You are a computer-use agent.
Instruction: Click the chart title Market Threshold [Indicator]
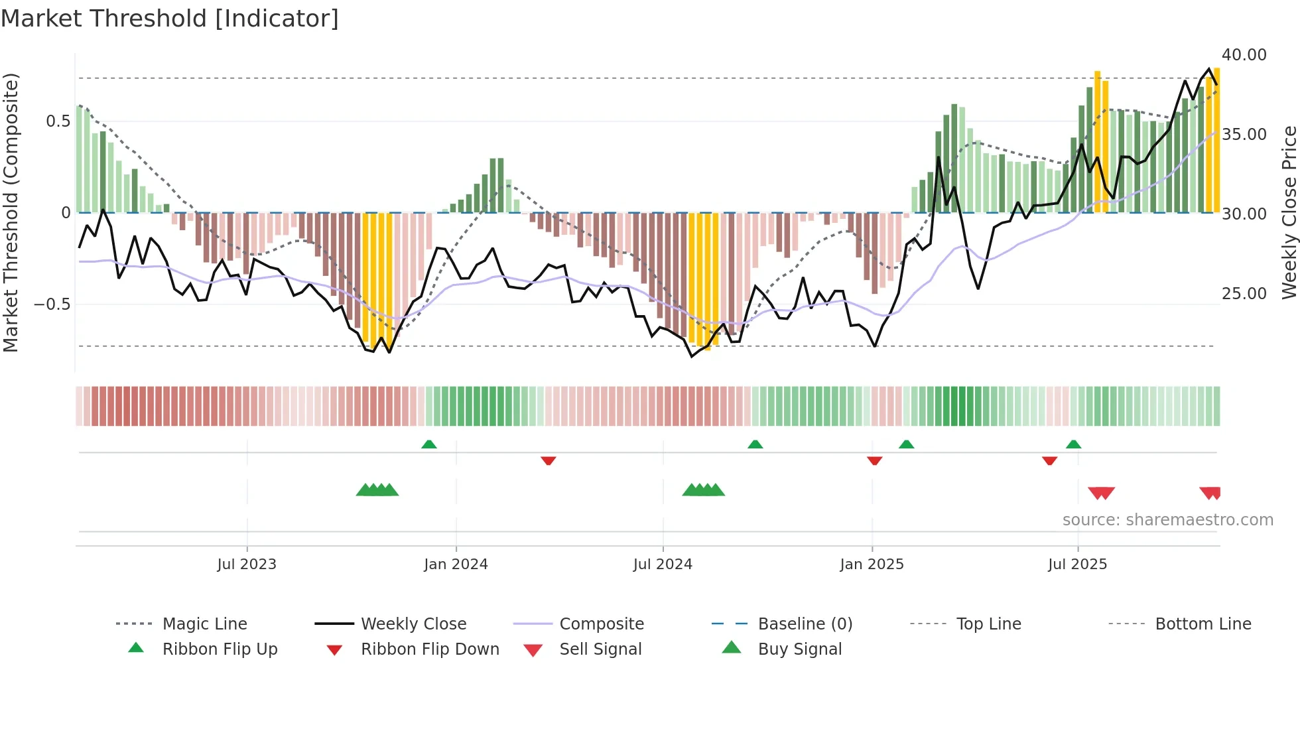(170, 19)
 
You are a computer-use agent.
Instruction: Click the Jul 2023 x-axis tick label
(247, 565)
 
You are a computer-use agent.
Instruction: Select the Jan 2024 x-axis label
(456, 565)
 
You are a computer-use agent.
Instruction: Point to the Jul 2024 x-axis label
(663, 565)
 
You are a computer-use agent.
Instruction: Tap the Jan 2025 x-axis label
(872, 565)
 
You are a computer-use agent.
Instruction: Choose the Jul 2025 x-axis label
(1078, 565)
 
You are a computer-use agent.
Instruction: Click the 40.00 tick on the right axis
(1244, 55)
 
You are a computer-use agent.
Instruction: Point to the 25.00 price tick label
(1244, 294)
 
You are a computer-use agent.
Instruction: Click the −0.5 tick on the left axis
(52, 304)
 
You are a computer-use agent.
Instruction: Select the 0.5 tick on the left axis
(58, 121)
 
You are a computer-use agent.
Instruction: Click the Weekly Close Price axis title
(1289, 212)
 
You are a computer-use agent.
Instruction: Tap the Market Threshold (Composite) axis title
(11, 212)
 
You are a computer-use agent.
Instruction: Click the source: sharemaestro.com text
(1167, 520)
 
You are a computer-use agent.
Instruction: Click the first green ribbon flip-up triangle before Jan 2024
(429, 444)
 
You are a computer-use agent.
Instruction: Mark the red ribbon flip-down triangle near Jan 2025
(874, 460)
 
